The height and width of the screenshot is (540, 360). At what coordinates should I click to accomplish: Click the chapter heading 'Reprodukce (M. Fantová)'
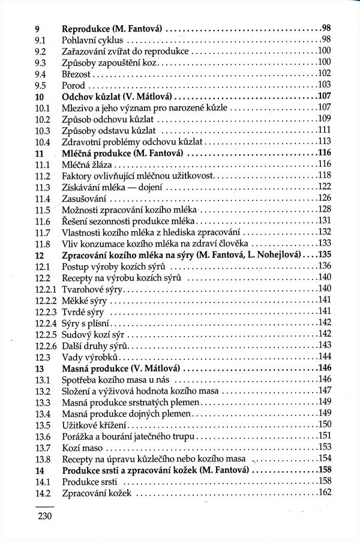[113, 28]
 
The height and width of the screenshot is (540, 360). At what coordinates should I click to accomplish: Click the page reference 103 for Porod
[324, 85]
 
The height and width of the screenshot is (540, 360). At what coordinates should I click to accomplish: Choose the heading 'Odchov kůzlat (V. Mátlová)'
[117, 96]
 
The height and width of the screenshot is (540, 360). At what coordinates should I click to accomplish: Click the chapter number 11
[40, 153]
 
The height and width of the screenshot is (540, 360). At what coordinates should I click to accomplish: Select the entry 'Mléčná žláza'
[88, 164]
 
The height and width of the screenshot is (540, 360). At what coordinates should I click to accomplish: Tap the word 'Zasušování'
[85, 198]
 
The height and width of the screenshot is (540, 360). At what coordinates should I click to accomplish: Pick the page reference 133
[324, 243]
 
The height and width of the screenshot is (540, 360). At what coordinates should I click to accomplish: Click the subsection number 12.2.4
[45, 322]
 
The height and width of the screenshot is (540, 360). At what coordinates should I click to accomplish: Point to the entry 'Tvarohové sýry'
[93, 289]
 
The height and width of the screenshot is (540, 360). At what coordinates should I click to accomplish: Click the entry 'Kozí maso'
[83, 447]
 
